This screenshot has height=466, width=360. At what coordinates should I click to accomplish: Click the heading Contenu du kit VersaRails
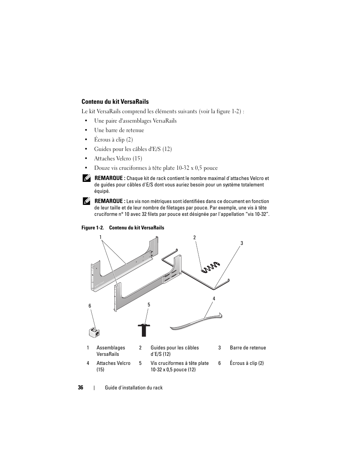[115, 102]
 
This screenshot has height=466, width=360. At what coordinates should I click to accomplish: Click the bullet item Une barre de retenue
[119, 130]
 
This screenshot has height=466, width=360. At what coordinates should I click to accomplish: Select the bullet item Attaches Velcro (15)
[118, 158]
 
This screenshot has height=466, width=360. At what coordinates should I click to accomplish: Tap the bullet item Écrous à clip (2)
[113, 140]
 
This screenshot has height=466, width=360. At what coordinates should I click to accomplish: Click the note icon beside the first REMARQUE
[86, 178]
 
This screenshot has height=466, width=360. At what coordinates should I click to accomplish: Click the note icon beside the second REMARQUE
[86, 201]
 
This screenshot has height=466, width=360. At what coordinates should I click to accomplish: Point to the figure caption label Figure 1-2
[92, 228]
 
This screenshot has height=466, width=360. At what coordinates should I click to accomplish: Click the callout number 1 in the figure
[101, 237]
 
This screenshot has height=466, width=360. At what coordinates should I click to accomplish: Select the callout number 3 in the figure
[242, 243]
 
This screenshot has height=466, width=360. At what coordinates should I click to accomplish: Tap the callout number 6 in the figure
[90, 306]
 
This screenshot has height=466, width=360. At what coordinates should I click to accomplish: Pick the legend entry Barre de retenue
[248, 348]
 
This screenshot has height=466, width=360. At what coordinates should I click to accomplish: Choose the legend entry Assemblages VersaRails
[111, 351]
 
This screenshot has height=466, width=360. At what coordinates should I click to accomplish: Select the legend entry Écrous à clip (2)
[246, 363]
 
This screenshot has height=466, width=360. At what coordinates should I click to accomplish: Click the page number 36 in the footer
[80, 388]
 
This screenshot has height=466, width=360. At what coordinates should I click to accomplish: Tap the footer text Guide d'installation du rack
[134, 388]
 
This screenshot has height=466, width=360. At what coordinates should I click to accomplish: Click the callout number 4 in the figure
[214, 298]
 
